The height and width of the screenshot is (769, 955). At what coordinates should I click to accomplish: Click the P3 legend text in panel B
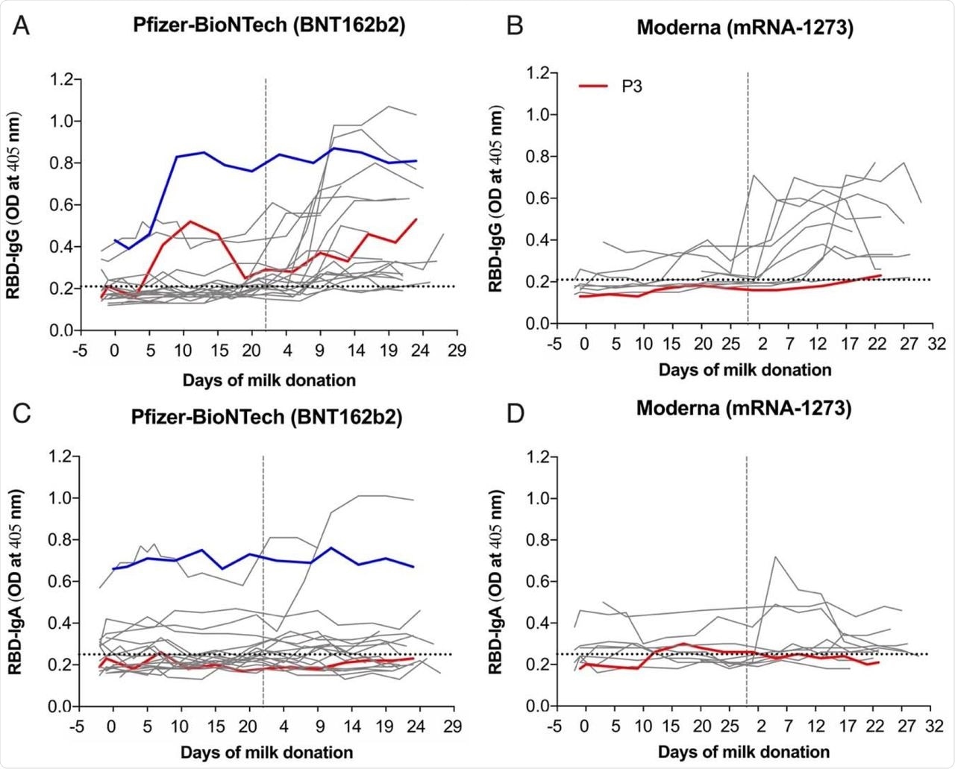click(632, 87)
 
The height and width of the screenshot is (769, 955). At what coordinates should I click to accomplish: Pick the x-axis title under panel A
click(269, 380)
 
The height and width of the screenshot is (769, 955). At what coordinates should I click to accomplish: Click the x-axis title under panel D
click(743, 751)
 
